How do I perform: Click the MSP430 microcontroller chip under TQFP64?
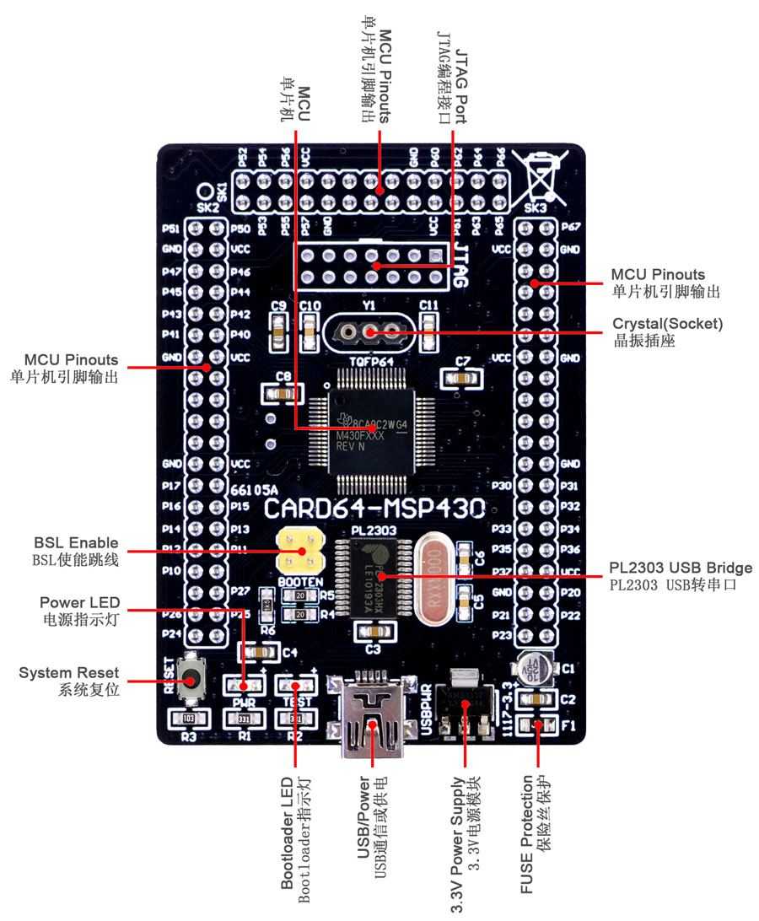pyautogui.click(x=372, y=430)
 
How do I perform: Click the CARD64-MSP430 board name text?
pyautogui.click(x=374, y=509)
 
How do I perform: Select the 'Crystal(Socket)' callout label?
pyautogui.click(x=668, y=323)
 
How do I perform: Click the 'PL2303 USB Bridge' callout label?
pyautogui.click(x=681, y=568)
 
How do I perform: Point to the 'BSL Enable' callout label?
pyautogui.click(x=76, y=542)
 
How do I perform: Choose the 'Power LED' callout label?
pyautogui.click(x=79, y=603)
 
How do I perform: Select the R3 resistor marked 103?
pyautogui.click(x=187, y=719)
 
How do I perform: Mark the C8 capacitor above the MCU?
pyautogui.click(x=283, y=393)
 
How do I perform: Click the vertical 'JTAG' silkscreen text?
pyautogui.click(x=461, y=262)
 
